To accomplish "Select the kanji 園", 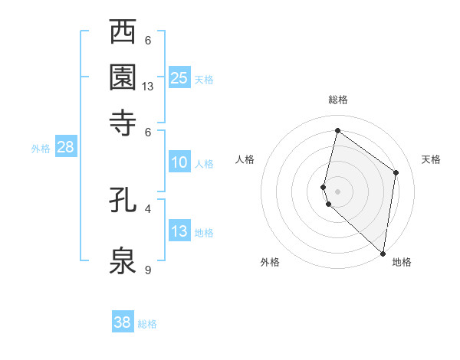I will point(123,77).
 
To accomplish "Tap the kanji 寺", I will point(123,120).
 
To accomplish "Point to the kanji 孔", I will point(123,201).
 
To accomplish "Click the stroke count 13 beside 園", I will point(148,87).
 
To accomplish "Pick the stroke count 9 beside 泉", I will point(148,269).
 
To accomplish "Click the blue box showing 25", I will point(179,77).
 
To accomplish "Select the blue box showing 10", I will point(179,162).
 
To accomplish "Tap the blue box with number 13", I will point(179,231).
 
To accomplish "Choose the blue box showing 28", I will point(65,147).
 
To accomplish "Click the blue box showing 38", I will point(123,322).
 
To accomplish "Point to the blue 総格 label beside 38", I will point(147,324).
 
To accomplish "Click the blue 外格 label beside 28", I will point(41,149).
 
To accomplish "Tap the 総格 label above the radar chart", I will point(337,100).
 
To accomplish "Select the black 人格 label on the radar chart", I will point(245,159).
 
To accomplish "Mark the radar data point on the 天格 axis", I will point(396,172).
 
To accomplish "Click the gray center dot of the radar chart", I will point(337,191).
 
